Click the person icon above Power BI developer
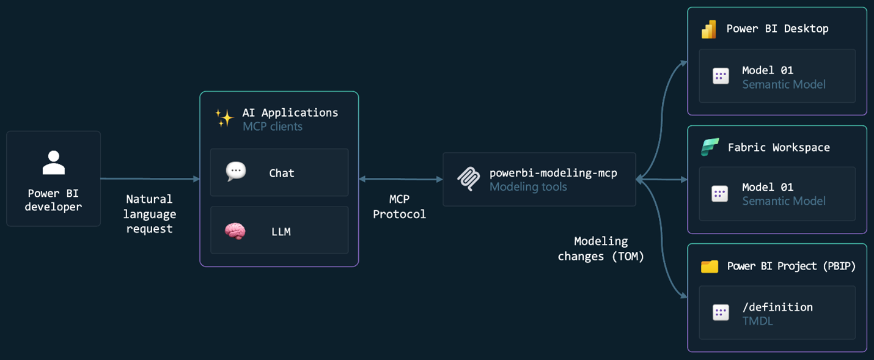point(54,163)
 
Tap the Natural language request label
point(149,214)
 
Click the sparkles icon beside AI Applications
point(224,117)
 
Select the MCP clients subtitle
point(273,127)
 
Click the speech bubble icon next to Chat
point(235,172)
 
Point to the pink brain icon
point(235,230)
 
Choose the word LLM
point(281,232)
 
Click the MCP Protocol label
point(399,207)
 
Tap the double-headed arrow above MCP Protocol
point(400,179)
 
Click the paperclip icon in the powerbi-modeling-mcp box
point(469,178)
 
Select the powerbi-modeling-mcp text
point(553,173)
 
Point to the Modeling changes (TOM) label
point(601,249)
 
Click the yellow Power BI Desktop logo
point(709,29)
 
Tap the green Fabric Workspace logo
point(709,147)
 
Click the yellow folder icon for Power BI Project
point(710,266)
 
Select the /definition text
point(777,307)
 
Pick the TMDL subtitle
point(757,321)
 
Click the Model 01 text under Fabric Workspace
point(768,187)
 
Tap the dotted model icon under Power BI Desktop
point(721,76)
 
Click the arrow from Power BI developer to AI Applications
point(150,179)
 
